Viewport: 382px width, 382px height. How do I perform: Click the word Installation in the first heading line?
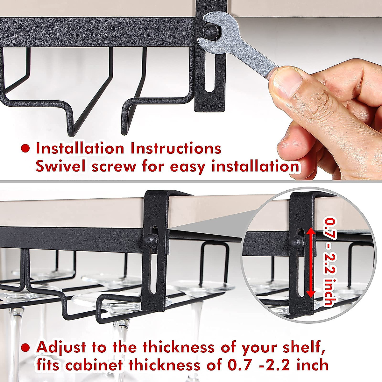coord(80,148)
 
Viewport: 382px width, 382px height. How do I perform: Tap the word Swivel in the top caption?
coord(60,166)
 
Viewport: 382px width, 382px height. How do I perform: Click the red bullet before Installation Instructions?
coord(25,148)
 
